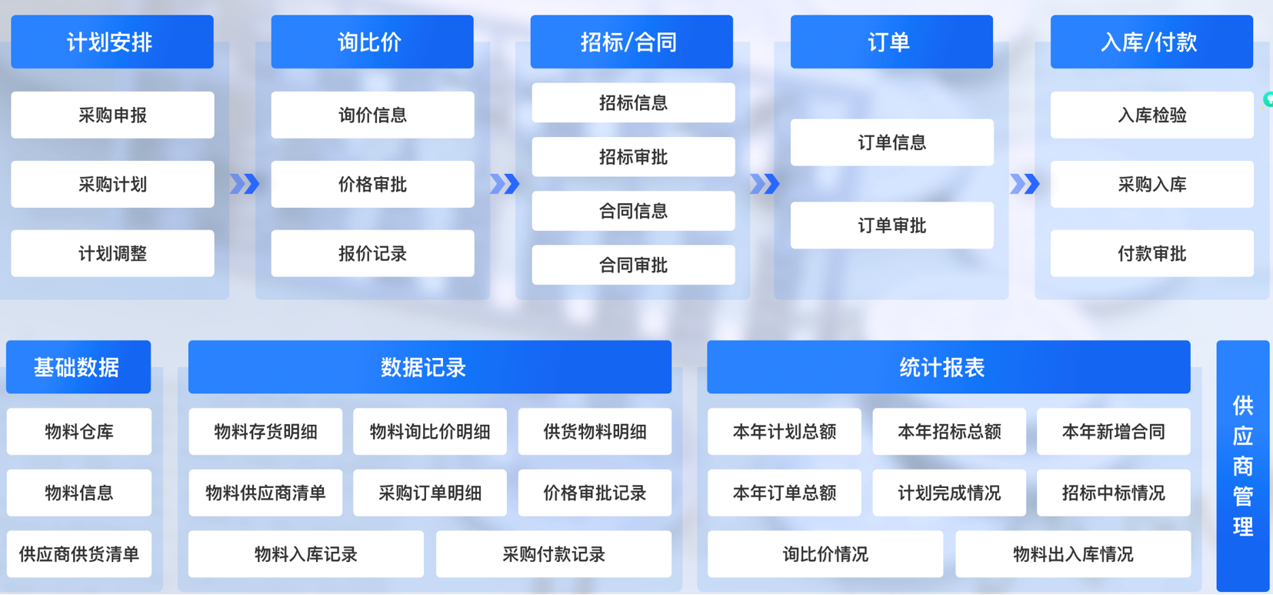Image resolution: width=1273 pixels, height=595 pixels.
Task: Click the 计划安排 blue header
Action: click(x=112, y=42)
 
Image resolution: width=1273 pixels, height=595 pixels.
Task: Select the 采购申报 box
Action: click(x=112, y=115)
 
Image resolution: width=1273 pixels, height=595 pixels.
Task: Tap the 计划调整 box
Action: click(x=112, y=253)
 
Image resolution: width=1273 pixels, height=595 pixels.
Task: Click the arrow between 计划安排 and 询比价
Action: click(x=245, y=184)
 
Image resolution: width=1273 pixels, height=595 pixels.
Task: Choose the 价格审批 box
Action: click(x=373, y=184)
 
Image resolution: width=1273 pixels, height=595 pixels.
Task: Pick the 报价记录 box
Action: click(x=373, y=253)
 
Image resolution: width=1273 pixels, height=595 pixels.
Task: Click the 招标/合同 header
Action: click(x=632, y=42)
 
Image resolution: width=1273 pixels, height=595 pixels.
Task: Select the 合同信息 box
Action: click(x=633, y=211)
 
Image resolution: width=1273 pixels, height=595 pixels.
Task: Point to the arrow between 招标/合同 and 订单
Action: click(x=765, y=184)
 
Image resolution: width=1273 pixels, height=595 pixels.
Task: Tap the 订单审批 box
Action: click(x=892, y=226)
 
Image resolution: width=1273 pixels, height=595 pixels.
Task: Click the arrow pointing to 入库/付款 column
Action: click(x=1025, y=184)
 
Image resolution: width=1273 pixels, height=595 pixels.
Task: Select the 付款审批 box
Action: click(x=1152, y=253)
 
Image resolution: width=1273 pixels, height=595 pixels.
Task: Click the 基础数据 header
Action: click(x=78, y=367)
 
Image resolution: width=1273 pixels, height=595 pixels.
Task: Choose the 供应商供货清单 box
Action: click(x=79, y=554)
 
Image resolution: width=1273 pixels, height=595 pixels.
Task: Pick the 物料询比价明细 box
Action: click(x=430, y=432)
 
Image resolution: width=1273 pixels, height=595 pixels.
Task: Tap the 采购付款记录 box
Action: click(x=554, y=554)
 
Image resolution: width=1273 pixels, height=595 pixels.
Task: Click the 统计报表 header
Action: click(x=948, y=367)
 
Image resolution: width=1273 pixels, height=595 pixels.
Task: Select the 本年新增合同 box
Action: click(x=1113, y=432)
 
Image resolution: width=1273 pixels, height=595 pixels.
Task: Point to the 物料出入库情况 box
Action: click(x=1073, y=554)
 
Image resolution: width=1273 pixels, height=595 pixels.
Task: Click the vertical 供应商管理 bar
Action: click(x=1243, y=466)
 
